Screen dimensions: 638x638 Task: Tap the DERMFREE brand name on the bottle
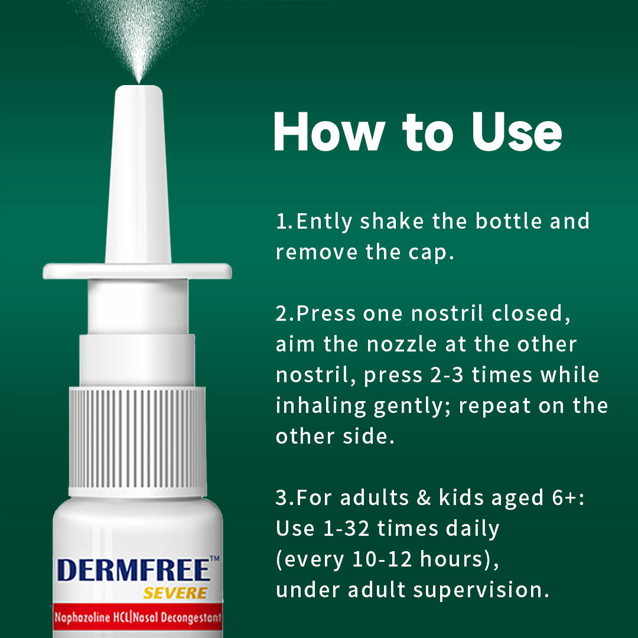click(x=134, y=571)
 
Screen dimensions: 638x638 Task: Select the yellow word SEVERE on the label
click(x=175, y=593)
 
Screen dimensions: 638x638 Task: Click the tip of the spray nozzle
click(x=139, y=89)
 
